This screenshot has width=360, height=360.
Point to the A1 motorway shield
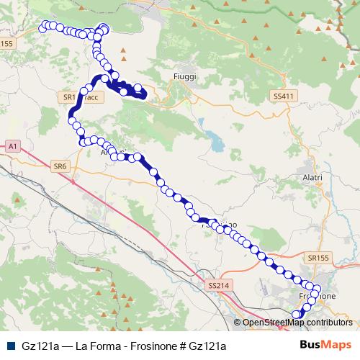tap(12, 146)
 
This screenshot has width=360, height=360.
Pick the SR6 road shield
tap(60, 166)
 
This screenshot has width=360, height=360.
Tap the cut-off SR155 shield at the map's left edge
tap(6, 43)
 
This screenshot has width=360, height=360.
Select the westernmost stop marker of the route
tap(42, 27)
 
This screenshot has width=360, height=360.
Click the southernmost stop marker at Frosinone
tap(295, 314)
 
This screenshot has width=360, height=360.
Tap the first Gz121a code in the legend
tap(40, 346)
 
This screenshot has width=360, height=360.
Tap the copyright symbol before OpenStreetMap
tap(238, 323)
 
